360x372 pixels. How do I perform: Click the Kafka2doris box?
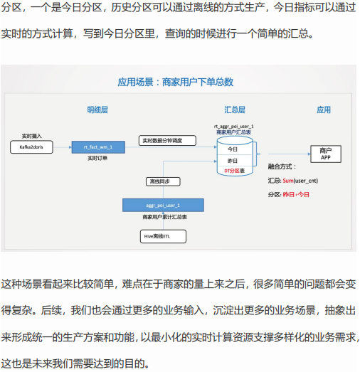pyautogui.click(x=31, y=147)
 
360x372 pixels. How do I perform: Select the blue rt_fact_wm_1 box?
pyautogui.click(x=98, y=147)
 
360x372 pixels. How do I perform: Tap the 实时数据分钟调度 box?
pyautogui.click(x=167, y=140)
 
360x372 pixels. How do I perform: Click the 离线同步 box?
pyautogui.click(x=163, y=181)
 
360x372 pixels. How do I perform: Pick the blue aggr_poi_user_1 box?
pyautogui.click(x=163, y=206)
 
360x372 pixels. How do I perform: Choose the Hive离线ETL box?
pyautogui.click(x=163, y=236)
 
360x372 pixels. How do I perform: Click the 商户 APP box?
pyautogui.click(x=326, y=154)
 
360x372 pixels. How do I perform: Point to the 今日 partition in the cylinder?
pyautogui.click(x=233, y=149)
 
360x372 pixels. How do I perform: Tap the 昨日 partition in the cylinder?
pyautogui.click(x=233, y=161)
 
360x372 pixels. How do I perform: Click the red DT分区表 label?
pyautogui.click(x=234, y=171)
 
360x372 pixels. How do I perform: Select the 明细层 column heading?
pyautogui.click(x=97, y=110)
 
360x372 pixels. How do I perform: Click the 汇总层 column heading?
pyautogui.click(x=235, y=110)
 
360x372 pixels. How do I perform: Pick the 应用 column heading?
pyautogui.click(x=324, y=110)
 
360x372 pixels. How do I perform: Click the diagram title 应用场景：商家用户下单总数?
pyautogui.click(x=176, y=82)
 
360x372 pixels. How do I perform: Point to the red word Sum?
pyautogui.click(x=288, y=181)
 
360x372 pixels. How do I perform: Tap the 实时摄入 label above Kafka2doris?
pyautogui.click(x=31, y=136)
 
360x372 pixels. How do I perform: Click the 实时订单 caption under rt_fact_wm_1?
pyautogui.click(x=97, y=158)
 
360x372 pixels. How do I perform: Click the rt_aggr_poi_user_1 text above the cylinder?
pyautogui.click(x=234, y=127)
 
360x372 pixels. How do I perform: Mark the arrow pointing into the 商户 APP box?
pyautogui.click(x=290, y=154)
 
